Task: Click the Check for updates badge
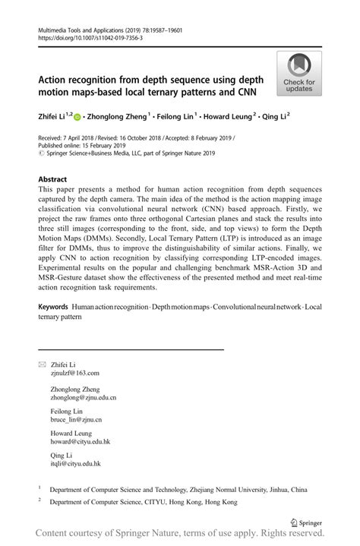click(299, 74)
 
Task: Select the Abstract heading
click(58, 179)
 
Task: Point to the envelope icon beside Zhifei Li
click(42, 365)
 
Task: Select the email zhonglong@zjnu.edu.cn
click(83, 397)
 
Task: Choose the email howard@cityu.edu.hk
click(80, 441)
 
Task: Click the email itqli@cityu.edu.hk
click(75, 463)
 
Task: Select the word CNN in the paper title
click(245, 93)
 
